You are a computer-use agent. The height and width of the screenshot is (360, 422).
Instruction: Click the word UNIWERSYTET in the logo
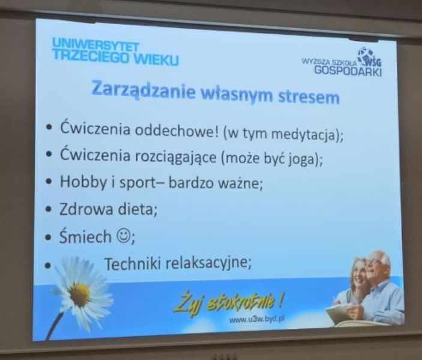[95, 45]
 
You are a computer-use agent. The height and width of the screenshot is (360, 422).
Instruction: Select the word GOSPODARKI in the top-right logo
[348, 71]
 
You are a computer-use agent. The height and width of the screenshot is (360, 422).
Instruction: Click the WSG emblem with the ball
[369, 57]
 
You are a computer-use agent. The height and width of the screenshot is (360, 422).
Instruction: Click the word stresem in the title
[309, 97]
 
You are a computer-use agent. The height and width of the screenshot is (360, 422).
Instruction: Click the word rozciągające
[175, 157]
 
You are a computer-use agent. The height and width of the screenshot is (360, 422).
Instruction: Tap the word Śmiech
[85, 236]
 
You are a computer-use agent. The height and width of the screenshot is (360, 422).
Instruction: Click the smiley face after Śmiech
[123, 235]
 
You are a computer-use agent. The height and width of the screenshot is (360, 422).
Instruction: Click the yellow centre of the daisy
[80, 295]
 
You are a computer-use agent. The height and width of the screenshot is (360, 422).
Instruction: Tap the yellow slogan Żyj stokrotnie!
[228, 303]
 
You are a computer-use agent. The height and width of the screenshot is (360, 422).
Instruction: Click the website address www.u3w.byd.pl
[257, 319]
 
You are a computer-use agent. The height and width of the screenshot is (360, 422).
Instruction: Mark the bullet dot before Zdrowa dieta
[49, 209]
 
